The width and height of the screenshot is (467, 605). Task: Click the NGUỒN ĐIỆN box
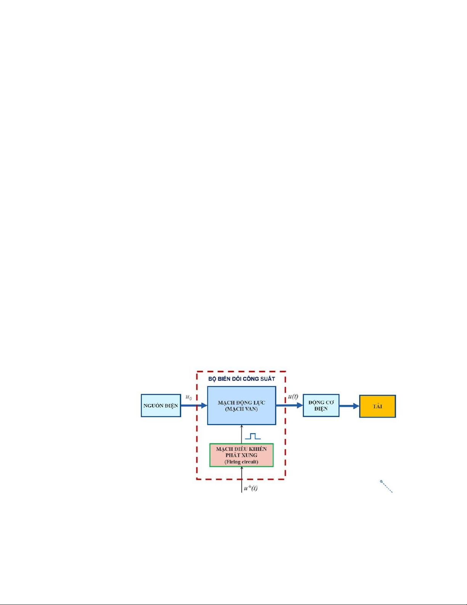tap(160, 405)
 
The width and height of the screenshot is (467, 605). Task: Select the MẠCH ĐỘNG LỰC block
tap(241, 405)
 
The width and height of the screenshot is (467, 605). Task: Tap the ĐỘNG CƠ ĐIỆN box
tap(321, 405)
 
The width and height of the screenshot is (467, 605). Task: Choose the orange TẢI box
tap(377, 406)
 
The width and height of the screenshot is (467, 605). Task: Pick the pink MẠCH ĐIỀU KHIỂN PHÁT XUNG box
tap(241, 455)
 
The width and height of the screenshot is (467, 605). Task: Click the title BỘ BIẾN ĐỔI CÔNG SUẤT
tap(241, 379)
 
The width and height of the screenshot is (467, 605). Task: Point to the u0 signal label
tap(189, 397)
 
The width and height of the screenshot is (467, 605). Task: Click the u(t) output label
tap(293, 397)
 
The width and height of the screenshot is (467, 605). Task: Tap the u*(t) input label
tap(250, 488)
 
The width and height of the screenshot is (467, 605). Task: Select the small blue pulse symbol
tap(253, 436)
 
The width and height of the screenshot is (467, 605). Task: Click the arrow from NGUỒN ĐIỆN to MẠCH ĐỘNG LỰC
tap(194, 405)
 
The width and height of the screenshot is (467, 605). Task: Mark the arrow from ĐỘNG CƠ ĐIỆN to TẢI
tap(349, 406)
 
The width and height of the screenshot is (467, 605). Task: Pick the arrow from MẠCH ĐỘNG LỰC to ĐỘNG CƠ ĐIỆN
tap(289, 405)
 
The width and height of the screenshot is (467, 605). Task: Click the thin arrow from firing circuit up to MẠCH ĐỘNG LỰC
tap(241, 434)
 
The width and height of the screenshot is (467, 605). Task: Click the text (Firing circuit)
tap(241, 462)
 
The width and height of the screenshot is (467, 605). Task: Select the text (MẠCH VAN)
tap(241, 409)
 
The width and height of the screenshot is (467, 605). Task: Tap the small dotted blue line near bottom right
tap(386, 487)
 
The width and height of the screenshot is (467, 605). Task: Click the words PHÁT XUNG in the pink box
tap(241, 455)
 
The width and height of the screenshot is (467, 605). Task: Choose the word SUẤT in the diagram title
tap(266, 379)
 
